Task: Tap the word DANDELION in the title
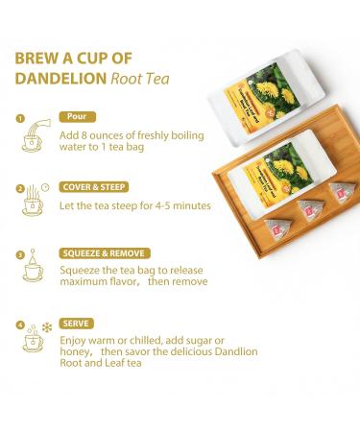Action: pyautogui.click(x=59, y=80)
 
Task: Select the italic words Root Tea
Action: pyautogui.click(x=141, y=80)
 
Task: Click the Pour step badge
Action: pyautogui.click(x=77, y=117)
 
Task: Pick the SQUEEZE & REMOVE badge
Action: pyautogui.click(x=105, y=253)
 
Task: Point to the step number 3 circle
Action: pyautogui.click(x=20, y=255)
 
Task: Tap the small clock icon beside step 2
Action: pyautogui.click(x=46, y=186)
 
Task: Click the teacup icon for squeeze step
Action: pyautogui.click(x=34, y=270)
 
